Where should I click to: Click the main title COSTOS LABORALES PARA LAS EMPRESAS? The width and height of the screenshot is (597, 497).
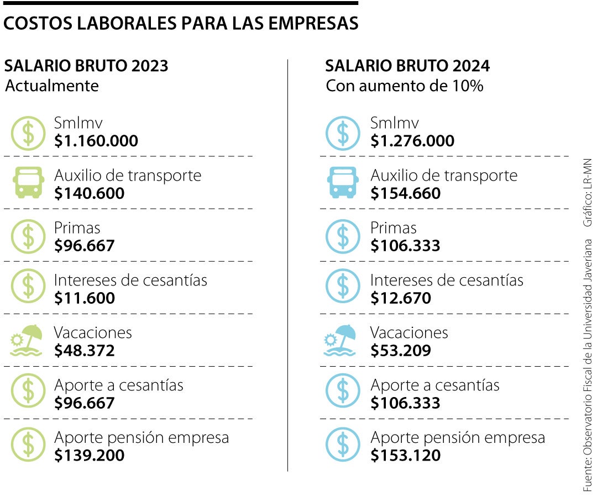(181, 24)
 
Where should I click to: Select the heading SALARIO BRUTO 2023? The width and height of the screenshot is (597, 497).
(86, 66)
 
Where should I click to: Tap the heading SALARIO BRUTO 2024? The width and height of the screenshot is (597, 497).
(407, 66)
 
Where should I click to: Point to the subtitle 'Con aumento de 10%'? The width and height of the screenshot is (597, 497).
(404, 86)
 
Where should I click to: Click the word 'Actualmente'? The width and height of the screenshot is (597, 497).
(51, 86)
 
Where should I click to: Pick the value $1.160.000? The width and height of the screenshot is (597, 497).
(96, 141)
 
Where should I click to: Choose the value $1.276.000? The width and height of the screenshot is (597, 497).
(412, 141)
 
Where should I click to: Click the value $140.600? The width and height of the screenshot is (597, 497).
(90, 193)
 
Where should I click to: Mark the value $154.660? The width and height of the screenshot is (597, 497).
(406, 193)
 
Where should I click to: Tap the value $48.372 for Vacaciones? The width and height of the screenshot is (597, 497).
(85, 351)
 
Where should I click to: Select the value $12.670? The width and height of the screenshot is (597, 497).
(401, 298)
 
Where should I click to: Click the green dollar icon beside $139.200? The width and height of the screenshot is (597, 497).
(27, 445)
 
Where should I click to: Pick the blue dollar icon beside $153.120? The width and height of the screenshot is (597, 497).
(343, 445)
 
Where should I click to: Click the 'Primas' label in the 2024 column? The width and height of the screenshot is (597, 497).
(393, 228)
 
